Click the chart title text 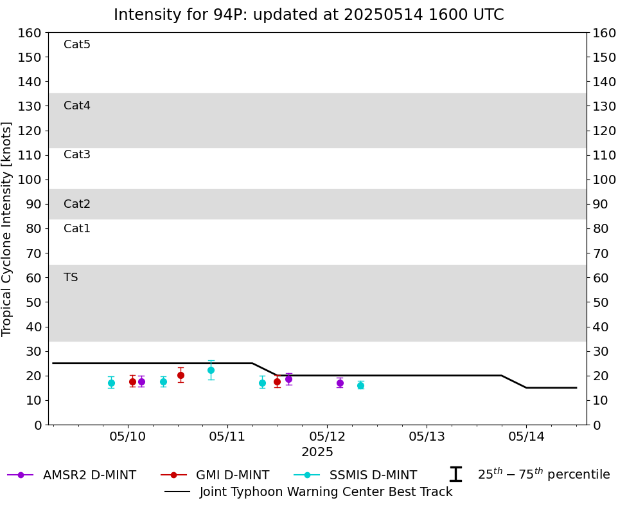click(x=308, y=15)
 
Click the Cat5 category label click(x=77, y=45)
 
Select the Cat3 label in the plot click(x=77, y=155)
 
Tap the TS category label click(x=71, y=278)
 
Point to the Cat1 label click(x=77, y=229)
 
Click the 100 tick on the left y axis click(x=30, y=179)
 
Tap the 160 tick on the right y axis click(x=605, y=33)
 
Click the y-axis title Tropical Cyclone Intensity click(x=8, y=228)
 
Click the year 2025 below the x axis click(x=317, y=452)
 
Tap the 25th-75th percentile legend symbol click(x=455, y=475)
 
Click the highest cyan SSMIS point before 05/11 click(x=211, y=370)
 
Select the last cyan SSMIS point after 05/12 click(x=360, y=385)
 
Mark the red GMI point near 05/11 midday click(x=277, y=381)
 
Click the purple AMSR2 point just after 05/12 click(x=340, y=383)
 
